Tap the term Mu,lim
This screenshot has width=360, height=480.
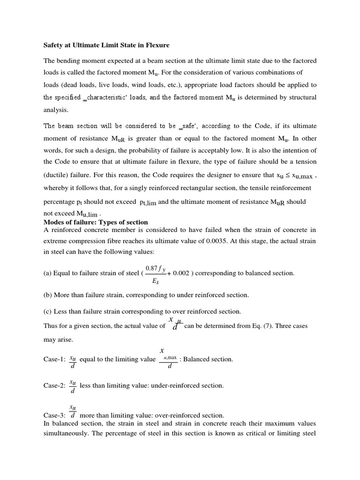pos(87,213)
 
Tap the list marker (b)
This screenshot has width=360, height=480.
pos(48,295)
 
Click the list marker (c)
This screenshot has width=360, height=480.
pos(48,311)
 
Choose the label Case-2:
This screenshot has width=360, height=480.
pos(54,386)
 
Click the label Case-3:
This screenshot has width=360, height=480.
pos(54,415)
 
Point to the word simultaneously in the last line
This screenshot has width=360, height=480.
pos(66,433)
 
